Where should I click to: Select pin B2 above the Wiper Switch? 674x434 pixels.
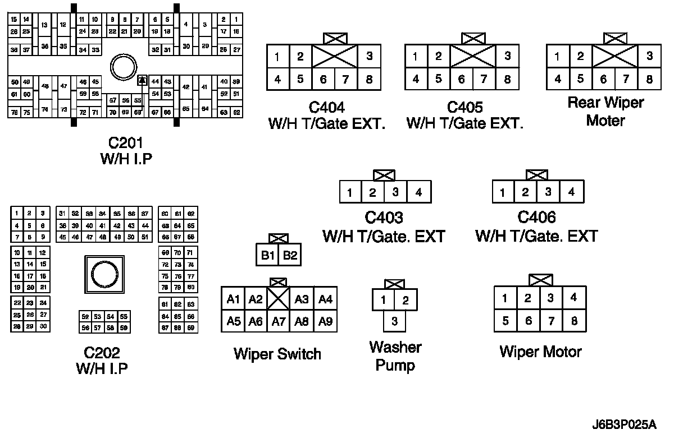point(290,256)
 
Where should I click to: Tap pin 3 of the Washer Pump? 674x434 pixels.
point(395,321)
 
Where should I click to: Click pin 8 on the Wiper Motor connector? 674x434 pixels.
point(573,321)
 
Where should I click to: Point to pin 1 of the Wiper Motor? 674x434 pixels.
point(505,298)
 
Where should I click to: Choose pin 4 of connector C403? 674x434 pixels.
point(418,193)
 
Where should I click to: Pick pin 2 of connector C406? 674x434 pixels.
point(525,192)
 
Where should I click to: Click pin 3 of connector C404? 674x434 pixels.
point(369,56)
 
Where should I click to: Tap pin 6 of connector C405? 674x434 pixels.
point(461,80)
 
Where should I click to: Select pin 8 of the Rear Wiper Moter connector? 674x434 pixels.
point(649,79)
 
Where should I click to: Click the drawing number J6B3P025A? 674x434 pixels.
point(623,424)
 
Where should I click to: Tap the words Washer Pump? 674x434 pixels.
point(395,356)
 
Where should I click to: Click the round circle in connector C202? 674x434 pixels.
point(103,275)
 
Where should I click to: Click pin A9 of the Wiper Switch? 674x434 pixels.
point(325,321)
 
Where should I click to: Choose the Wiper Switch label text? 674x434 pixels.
point(277,354)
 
